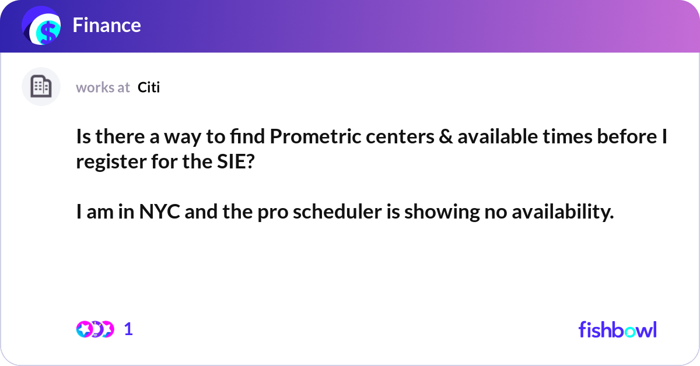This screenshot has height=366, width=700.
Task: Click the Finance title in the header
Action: (107, 25)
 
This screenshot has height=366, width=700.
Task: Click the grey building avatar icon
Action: (41, 87)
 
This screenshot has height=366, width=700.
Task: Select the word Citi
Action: (149, 87)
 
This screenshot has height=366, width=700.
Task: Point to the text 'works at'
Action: (103, 87)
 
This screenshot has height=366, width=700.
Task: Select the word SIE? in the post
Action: (231, 161)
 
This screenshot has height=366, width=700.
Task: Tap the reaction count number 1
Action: (128, 329)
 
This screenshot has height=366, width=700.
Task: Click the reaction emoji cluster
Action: (94, 329)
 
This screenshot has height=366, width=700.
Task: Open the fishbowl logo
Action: (617, 329)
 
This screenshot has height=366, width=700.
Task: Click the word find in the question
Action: (246, 139)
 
